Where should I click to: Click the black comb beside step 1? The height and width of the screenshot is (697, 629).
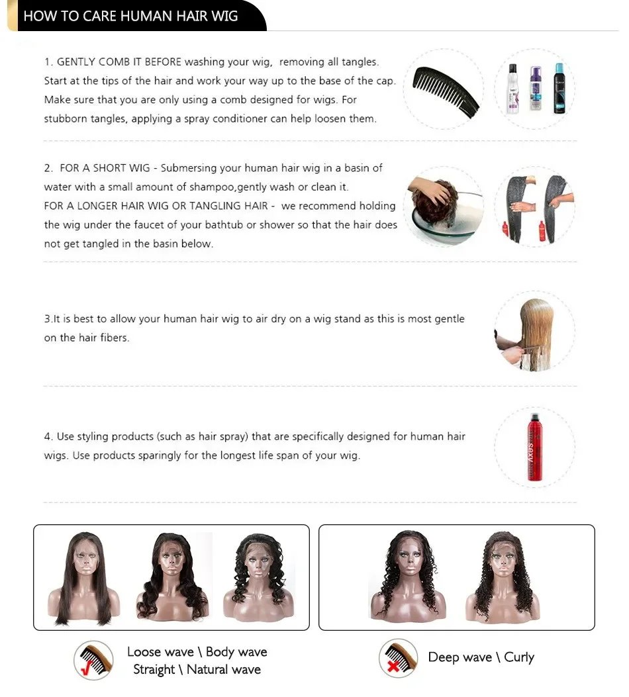pos(446,89)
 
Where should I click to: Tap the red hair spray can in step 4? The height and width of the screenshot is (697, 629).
pos(534,447)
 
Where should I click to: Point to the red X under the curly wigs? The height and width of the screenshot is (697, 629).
pos(395,667)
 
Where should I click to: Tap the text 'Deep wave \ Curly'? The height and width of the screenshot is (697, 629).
pos(481,657)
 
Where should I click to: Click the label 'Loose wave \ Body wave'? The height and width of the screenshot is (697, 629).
pos(197,652)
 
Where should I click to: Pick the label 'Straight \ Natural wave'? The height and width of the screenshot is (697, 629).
pos(197,669)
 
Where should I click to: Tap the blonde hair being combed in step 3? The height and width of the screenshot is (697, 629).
pos(536,324)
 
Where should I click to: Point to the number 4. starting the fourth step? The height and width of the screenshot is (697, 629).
pos(48,437)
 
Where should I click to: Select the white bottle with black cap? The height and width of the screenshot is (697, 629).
pos(512,89)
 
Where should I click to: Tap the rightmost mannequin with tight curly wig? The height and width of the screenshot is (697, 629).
pos(502,576)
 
